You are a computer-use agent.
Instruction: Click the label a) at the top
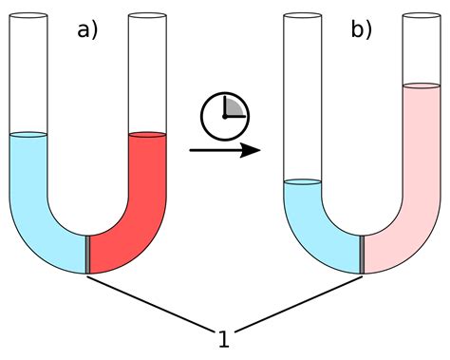click(87, 30)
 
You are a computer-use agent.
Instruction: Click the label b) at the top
click(362, 30)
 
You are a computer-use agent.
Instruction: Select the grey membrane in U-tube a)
click(88, 254)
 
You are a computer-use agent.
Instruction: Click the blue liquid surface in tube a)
click(28, 135)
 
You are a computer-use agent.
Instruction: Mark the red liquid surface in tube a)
click(148, 134)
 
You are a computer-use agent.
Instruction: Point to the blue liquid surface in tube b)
click(304, 182)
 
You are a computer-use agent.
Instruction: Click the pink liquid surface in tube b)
click(422, 86)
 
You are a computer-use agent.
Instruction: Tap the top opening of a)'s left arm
click(28, 14)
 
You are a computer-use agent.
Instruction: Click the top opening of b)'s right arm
click(422, 14)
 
